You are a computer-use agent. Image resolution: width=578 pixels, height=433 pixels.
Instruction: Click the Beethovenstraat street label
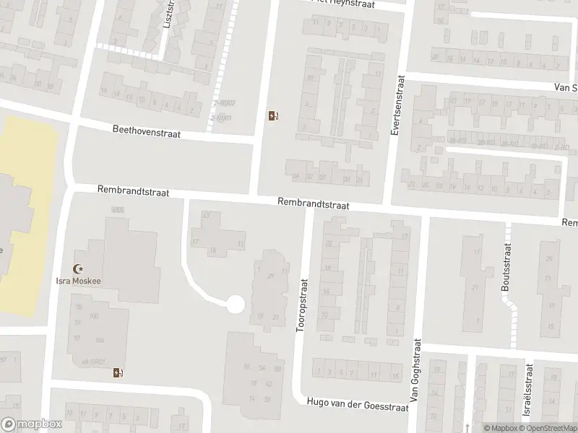146,133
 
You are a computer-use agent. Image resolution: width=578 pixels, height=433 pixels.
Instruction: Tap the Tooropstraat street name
303,305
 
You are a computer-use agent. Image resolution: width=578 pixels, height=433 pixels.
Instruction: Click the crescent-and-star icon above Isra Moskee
78,268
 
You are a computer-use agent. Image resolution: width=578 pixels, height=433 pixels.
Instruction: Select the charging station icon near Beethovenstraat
273,115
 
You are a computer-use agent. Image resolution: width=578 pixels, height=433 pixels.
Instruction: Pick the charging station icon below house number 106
118,372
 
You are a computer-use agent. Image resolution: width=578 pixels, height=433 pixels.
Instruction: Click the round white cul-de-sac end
235,305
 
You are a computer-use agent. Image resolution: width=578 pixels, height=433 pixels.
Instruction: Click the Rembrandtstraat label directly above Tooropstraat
314,205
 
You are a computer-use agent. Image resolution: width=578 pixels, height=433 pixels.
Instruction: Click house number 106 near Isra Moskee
100,340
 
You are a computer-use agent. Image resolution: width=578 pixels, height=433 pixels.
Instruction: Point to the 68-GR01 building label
95,361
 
